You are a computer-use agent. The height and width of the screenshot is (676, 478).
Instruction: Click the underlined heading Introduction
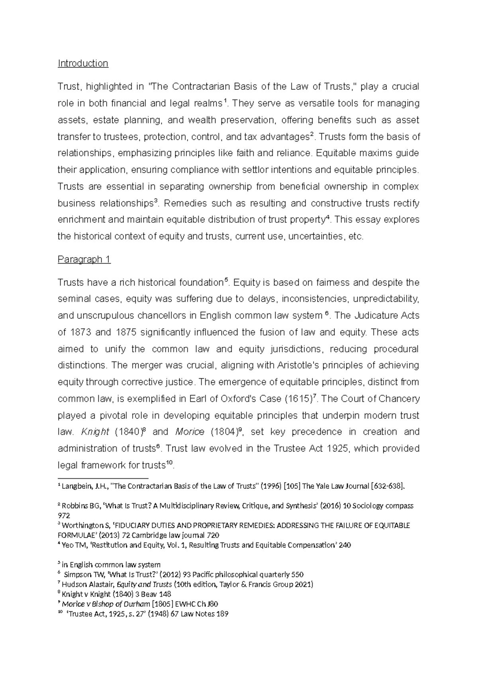click(83, 63)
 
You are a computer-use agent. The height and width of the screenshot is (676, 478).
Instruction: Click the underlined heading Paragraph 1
click(84, 259)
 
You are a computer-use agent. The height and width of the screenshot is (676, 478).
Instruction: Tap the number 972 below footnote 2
click(64, 515)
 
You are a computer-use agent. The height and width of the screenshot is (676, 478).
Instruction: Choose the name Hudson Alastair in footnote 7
click(87, 585)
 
